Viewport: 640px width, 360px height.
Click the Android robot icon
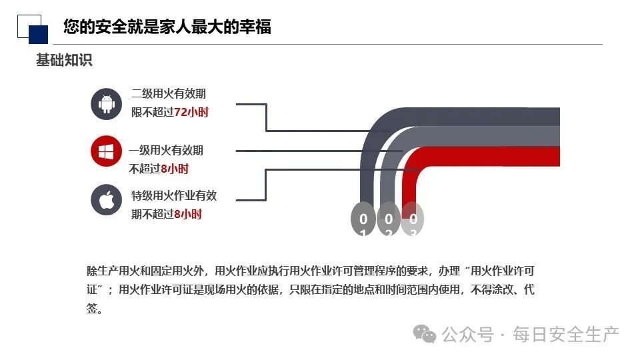click(106, 104)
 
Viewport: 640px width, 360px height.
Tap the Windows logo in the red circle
click(106, 151)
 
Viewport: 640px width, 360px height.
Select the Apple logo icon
click(106, 199)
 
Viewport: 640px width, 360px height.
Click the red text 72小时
click(191, 112)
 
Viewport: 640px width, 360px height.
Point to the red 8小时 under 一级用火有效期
click(175, 169)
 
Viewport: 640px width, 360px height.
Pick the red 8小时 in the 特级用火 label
click(188, 214)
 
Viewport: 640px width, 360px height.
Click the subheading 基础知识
click(64, 60)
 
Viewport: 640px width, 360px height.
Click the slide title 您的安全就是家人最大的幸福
click(167, 27)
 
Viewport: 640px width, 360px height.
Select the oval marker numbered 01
click(363, 219)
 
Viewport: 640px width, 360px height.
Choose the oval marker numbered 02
click(388, 219)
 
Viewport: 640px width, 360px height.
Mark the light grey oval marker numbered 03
click(413, 219)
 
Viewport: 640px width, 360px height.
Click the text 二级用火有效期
click(169, 94)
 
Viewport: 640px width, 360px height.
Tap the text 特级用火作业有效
click(174, 196)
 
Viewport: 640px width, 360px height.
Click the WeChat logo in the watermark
click(425, 333)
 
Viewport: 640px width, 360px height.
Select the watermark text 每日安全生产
click(566, 334)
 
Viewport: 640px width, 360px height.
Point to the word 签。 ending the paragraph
click(95, 309)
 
